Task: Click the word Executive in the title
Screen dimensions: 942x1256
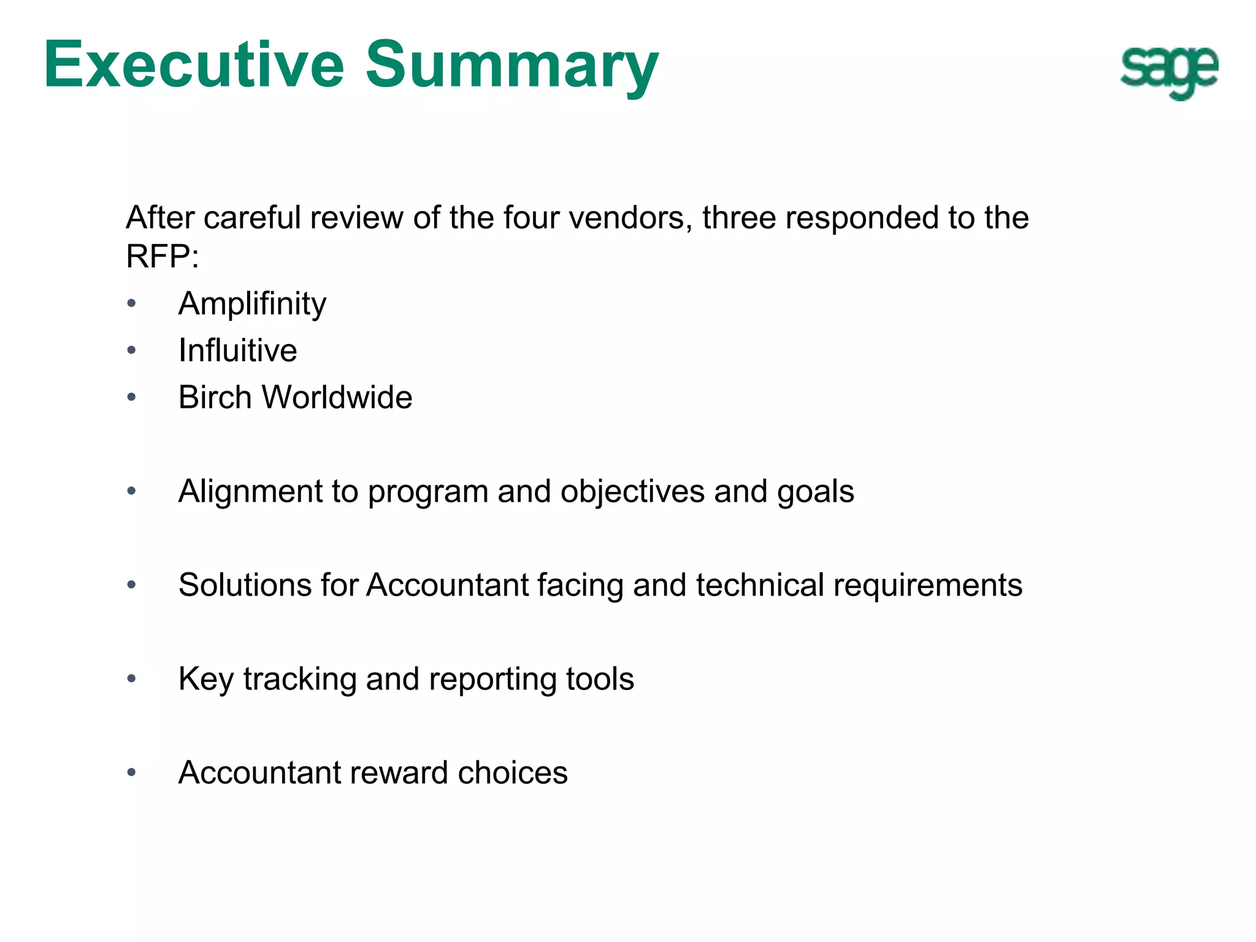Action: click(194, 65)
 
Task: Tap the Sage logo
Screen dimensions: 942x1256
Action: click(1169, 71)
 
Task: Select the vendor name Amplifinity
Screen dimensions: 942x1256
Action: click(252, 304)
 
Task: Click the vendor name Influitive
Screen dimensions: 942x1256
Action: click(237, 351)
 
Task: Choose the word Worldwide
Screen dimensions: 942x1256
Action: click(337, 397)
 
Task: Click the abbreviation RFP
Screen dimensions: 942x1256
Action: click(158, 256)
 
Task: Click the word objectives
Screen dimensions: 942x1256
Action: click(632, 492)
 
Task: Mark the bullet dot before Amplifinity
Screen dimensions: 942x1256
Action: click(131, 304)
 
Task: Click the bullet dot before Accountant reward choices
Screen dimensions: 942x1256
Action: click(131, 773)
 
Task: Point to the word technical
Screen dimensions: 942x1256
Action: click(759, 585)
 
